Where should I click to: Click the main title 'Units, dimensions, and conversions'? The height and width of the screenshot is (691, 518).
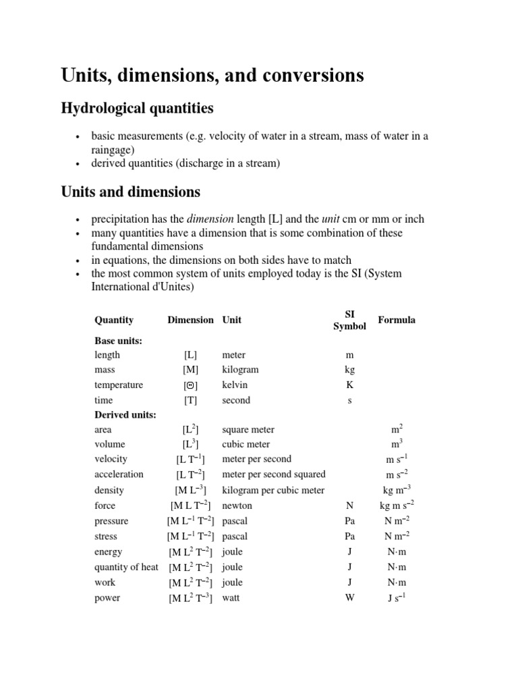pos(212,75)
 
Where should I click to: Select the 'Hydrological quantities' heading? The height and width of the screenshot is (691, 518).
pos(137,108)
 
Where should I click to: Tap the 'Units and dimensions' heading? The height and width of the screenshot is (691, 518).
pos(130,192)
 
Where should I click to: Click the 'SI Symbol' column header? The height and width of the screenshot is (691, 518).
pos(349,320)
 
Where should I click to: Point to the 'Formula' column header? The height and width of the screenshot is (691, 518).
pos(397,320)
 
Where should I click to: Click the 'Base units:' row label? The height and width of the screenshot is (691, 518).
pos(118,341)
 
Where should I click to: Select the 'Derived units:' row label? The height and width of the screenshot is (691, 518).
pos(125,414)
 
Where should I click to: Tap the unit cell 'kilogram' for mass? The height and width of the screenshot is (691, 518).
pos(240,370)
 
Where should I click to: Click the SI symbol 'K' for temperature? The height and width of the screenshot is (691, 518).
pos(349,385)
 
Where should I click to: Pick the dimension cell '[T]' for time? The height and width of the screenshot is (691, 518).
pos(190,400)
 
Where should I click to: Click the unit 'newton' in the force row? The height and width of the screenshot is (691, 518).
pos(236,505)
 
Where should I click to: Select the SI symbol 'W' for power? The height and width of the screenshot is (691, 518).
pos(349,598)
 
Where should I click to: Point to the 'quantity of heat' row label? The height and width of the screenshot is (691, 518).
pos(126,567)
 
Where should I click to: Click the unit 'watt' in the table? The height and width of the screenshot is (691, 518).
pos(231,598)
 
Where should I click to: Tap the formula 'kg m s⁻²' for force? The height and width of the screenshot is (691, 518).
pos(397,505)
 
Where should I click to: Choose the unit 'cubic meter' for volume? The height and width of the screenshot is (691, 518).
pos(246,444)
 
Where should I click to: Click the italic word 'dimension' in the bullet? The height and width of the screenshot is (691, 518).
pos(209,219)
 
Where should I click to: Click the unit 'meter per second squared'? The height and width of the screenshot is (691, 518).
pos(273,474)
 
